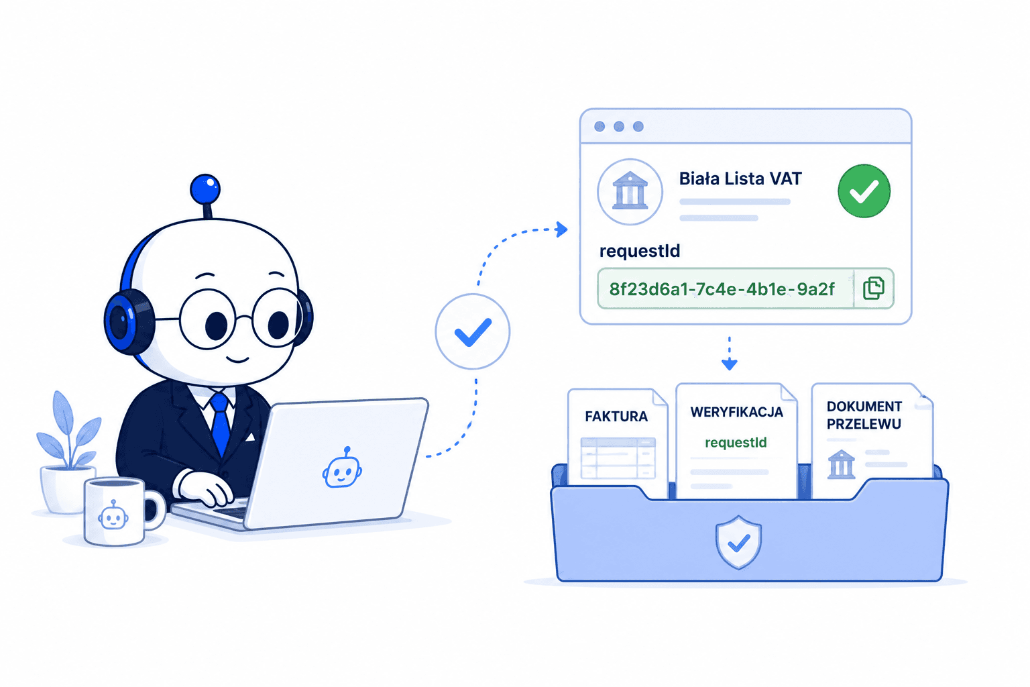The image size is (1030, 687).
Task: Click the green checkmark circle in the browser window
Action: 864,191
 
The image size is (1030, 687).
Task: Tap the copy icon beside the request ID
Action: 873,288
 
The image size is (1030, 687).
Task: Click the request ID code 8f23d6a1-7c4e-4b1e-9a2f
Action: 722,289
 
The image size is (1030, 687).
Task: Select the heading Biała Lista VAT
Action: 740,178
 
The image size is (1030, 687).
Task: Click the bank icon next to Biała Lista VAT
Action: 630,191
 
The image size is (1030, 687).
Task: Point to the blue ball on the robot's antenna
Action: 205,189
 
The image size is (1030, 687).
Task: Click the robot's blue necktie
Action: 220,423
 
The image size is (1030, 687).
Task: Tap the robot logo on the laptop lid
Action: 342,468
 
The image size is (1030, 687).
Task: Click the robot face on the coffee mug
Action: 113,516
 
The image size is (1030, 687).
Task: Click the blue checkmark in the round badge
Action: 473,332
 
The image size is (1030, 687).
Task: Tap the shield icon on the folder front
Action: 738,542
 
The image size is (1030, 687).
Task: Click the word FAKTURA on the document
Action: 616,417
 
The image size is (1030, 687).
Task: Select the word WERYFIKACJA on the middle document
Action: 737,412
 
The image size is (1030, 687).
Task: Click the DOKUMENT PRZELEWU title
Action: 864,415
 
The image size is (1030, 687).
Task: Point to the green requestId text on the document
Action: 736,442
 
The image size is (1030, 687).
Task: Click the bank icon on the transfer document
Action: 842,464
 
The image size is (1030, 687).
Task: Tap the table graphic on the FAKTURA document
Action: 618,458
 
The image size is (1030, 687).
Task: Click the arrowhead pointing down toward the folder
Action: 730,364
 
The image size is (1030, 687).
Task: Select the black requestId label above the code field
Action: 640,251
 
